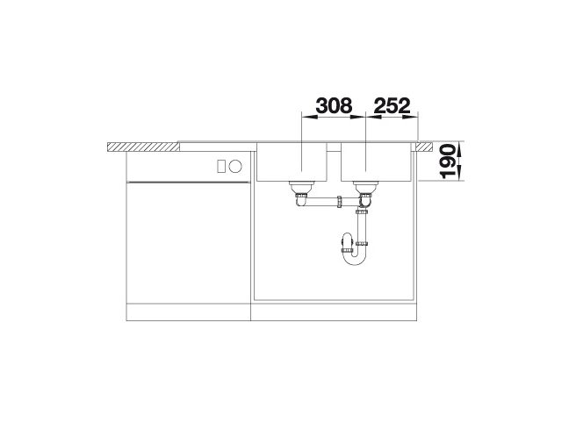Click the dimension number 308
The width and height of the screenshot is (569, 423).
click(x=334, y=106)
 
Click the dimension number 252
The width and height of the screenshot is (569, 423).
click(x=392, y=106)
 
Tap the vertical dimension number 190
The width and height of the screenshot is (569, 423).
click(x=448, y=161)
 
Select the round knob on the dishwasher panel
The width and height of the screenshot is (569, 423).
click(x=235, y=167)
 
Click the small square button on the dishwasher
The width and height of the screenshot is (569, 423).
click(x=221, y=167)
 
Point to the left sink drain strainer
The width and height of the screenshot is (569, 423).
click(x=301, y=187)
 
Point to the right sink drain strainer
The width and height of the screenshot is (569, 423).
click(x=366, y=187)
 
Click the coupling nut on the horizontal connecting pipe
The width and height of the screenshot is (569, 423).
click(x=340, y=202)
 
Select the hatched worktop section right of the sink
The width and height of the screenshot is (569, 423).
click(x=424, y=147)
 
